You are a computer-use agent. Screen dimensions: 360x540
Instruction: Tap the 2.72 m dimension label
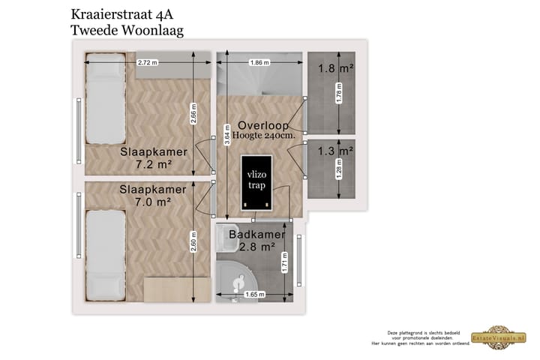coord(148,62)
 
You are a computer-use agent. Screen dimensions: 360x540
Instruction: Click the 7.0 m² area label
coord(154,202)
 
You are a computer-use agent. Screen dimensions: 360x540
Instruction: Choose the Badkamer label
coord(257,235)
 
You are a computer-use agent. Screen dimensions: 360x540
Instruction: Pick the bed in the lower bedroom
coord(103,255)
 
